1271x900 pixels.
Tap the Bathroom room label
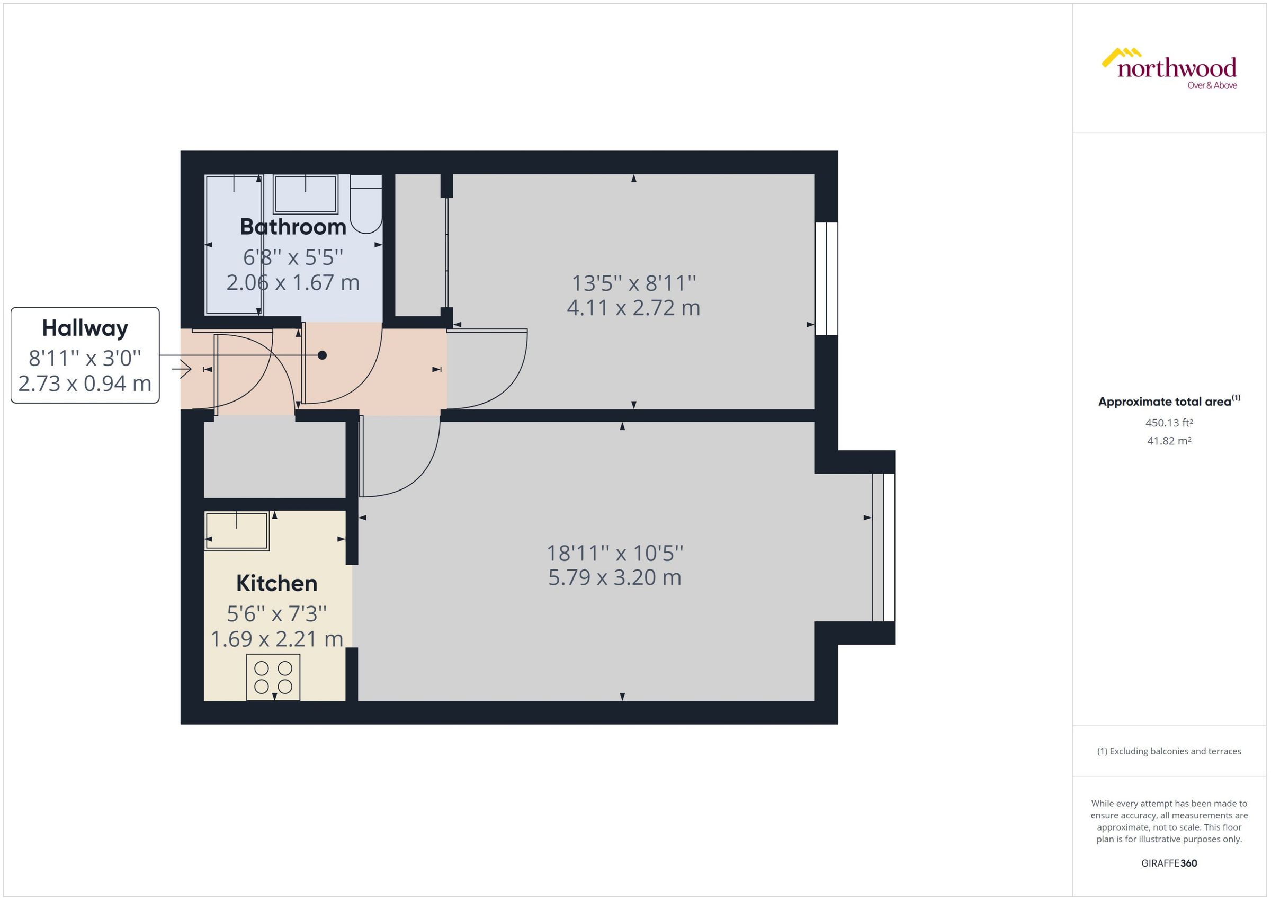pos(292,227)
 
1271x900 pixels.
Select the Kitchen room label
pos(276,583)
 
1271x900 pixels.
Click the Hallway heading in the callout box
pos(85,328)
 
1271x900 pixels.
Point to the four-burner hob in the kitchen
pos(273,677)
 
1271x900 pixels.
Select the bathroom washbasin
pos(305,194)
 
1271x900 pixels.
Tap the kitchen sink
pos(237,530)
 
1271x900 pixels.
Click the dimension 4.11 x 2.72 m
pos(633,308)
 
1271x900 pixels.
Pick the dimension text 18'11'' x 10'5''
pos(614,553)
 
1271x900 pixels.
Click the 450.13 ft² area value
pos(1169,423)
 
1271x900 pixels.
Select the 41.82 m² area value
pos(1169,441)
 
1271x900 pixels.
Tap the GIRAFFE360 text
pos(1169,863)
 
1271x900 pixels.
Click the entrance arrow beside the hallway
pos(182,369)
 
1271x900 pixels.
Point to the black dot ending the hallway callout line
pos(323,355)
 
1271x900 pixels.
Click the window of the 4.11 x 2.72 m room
pos(826,279)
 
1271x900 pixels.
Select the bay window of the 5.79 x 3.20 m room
pos(883,547)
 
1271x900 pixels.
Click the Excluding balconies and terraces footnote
pos(1169,751)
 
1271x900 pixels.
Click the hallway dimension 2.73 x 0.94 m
pos(85,384)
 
